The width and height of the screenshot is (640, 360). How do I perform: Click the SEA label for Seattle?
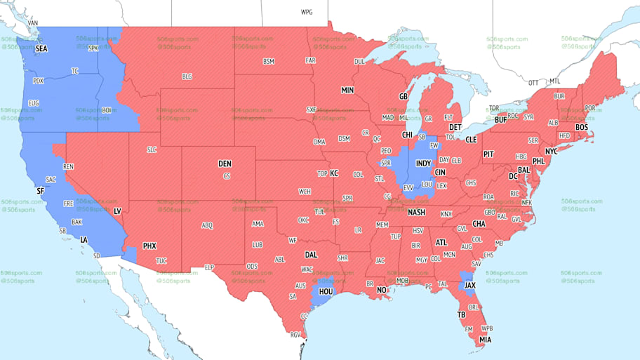click(x=41, y=48)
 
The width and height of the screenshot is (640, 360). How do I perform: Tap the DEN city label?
click(x=225, y=164)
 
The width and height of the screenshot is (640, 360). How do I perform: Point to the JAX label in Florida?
click(x=470, y=286)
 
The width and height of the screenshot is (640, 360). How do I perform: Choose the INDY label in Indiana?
click(x=423, y=163)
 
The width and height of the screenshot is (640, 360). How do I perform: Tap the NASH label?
click(x=417, y=213)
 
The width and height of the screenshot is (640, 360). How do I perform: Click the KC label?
click(x=334, y=173)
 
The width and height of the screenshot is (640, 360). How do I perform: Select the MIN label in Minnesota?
click(x=347, y=91)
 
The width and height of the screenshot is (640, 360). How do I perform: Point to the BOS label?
click(x=581, y=127)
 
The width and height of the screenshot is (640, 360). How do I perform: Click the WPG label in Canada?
click(x=307, y=12)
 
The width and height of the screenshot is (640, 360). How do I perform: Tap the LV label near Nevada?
click(x=117, y=211)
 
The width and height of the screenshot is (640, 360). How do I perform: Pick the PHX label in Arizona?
click(x=149, y=246)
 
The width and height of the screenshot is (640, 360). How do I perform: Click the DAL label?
click(x=311, y=255)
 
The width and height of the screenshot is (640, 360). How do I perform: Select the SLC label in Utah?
click(x=152, y=150)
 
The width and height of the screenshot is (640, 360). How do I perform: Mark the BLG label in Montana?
click(x=187, y=76)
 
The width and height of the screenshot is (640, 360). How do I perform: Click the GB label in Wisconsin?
click(x=404, y=96)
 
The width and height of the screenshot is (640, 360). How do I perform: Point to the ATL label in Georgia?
click(x=441, y=242)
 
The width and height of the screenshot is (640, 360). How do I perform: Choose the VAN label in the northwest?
click(x=32, y=22)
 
